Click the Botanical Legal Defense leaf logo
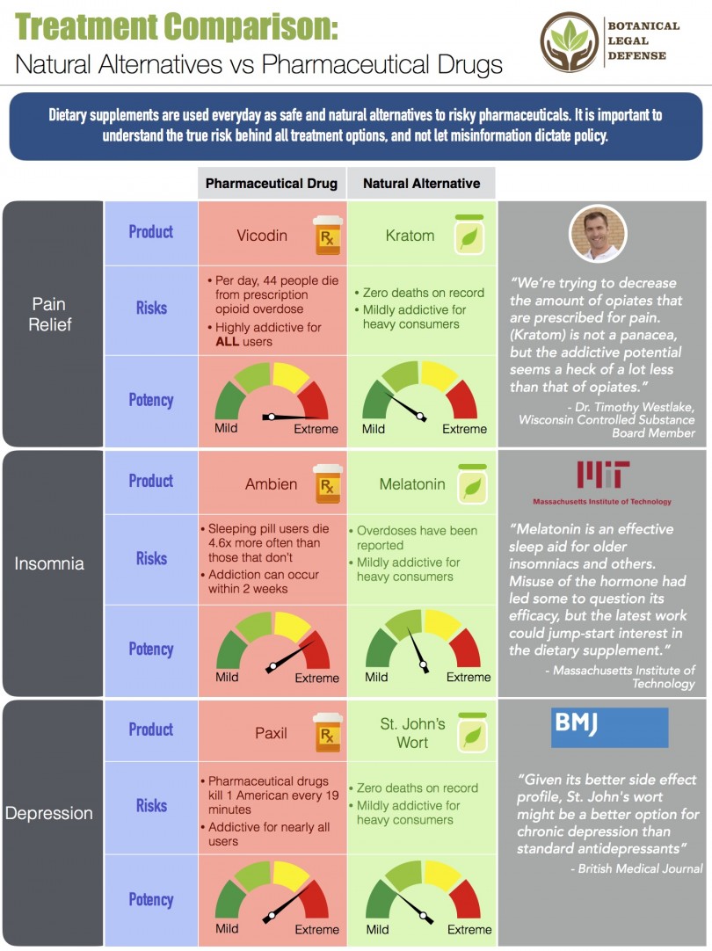coord(570,42)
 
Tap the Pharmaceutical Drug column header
coord(272,184)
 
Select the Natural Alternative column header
coord(421,184)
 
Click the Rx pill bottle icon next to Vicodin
coord(327,236)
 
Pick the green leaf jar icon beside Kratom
coord(469,235)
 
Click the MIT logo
coord(602,475)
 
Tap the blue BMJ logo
coord(609,727)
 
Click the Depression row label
coord(49,813)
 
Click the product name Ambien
coord(271,484)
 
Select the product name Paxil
coord(271,733)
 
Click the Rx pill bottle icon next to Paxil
coord(327,732)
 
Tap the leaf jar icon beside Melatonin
coord(471,484)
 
